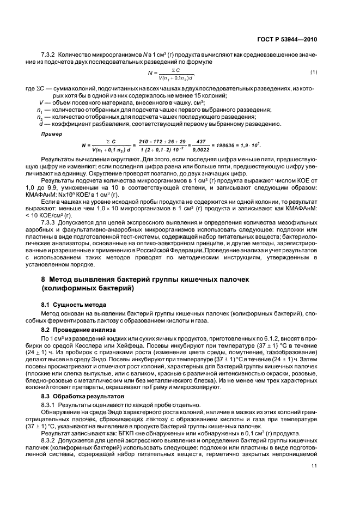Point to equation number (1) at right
pos(314,72)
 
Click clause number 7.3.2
pos(50,56)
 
